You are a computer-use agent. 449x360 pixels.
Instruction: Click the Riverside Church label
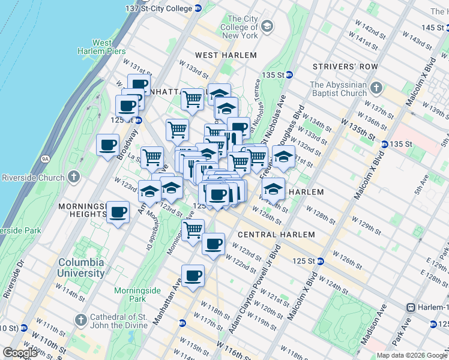point(33,178)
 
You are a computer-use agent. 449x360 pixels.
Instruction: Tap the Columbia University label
point(81,268)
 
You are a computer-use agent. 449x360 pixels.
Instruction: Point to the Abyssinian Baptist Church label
point(339,89)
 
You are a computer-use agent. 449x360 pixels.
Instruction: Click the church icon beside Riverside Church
point(74,177)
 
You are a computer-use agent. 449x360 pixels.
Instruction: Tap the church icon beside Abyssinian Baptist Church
point(376,89)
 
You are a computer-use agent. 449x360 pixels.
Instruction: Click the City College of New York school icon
point(267,27)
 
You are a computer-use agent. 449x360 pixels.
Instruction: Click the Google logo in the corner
point(20,353)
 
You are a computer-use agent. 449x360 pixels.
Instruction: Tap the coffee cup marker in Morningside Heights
point(118,212)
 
